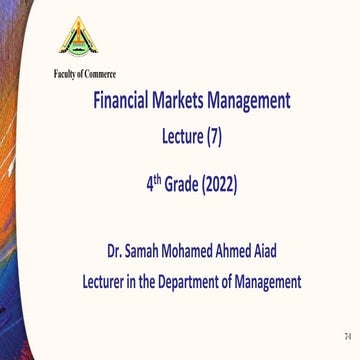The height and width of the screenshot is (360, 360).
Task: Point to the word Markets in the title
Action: click(197, 101)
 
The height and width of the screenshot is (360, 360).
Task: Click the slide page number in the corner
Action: click(344, 333)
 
